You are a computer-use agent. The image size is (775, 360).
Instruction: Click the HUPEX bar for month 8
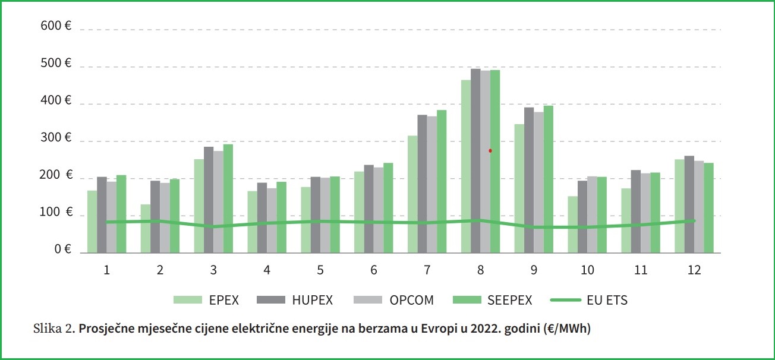coord(475,160)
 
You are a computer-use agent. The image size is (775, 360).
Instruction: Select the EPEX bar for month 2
coord(146,229)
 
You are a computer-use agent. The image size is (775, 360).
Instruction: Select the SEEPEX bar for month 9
coord(548,179)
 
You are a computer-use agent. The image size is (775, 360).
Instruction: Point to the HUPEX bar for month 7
coord(422,184)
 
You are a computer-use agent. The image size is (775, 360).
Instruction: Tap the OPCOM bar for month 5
coord(325,215)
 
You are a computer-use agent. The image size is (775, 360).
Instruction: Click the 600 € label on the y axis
coord(55,26)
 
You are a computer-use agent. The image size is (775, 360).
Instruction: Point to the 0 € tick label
coord(62,250)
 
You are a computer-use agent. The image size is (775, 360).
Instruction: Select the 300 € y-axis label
coord(55,138)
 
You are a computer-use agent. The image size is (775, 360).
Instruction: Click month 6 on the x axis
coord(373,270)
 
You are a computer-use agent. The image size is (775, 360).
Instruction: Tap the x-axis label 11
coord(640,270)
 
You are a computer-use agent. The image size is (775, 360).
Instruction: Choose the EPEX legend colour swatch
coord(185,300)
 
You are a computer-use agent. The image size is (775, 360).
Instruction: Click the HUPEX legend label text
coord(312,301)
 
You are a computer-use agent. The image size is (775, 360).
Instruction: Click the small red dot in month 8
coord(490,151)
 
